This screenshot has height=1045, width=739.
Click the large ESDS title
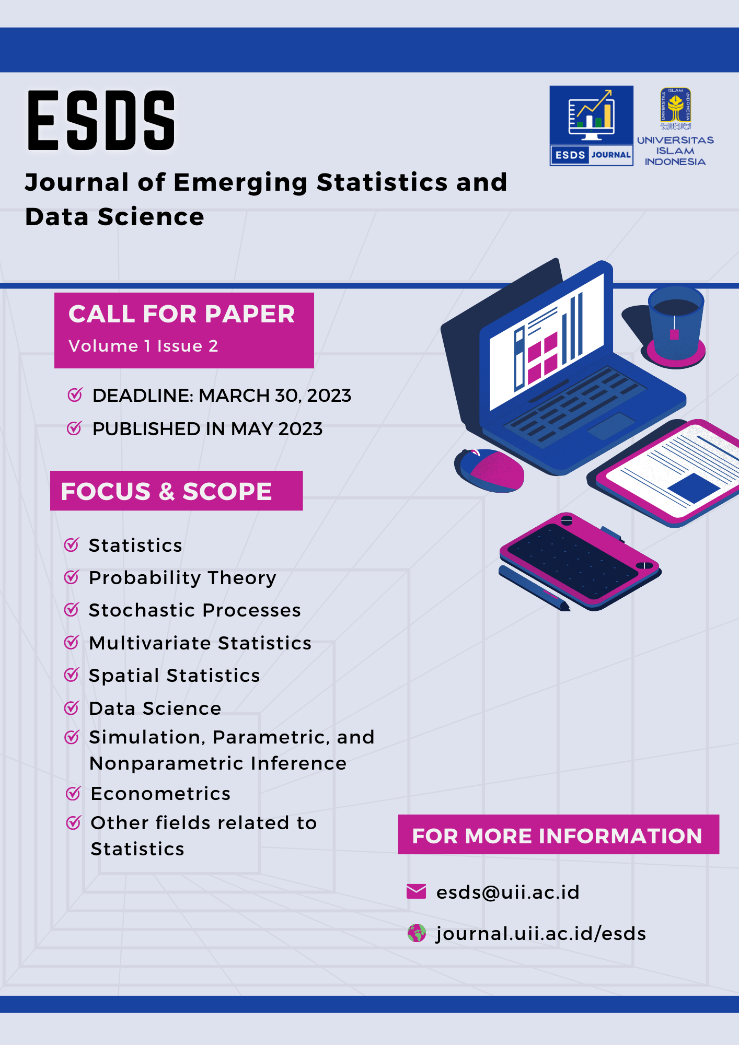tap(101, 121)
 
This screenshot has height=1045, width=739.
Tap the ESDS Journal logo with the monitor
tap(591, 126)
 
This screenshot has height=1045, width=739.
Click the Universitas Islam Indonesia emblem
tap(675, 109)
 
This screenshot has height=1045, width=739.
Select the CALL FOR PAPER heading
tap(181, 314)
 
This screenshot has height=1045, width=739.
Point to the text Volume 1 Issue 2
tap(143, 346)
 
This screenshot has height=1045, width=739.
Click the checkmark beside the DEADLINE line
tap(75, 395)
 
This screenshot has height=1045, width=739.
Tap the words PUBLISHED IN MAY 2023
tap(207, 429)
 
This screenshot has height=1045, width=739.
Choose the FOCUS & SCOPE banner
tap(176, 491)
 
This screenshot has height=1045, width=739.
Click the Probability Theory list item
tap(182, 578)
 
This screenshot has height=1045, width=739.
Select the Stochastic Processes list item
tap(194, 610)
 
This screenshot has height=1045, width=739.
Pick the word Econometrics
tap(160, 794)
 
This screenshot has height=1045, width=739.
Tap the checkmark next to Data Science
tap(72, 708)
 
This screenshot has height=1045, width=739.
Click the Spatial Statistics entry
tap(174, 676)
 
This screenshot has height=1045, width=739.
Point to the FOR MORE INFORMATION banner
tap(558, 835)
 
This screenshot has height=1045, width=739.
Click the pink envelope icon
tap(416, 891)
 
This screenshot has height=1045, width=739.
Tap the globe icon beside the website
tap(417, 933)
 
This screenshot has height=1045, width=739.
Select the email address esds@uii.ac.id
tap(508, 892)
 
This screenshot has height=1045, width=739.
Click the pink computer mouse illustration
tap(490, 470)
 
